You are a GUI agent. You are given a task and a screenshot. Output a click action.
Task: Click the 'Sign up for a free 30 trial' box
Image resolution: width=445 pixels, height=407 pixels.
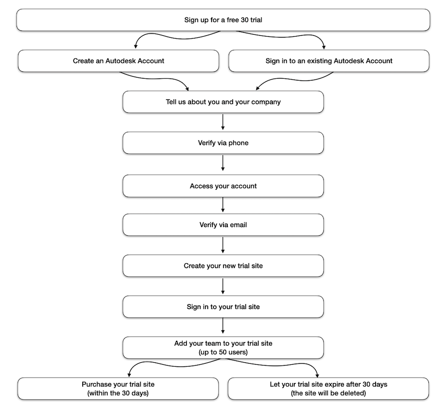[x=223, y=20]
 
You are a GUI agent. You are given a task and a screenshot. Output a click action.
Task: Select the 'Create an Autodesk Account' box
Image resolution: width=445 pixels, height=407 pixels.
[x=118, y=61]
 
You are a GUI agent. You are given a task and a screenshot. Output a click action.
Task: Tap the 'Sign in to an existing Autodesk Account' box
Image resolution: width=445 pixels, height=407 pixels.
[x=329, y=61]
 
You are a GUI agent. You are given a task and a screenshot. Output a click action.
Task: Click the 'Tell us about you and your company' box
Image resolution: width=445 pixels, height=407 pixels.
[x=223, y=102]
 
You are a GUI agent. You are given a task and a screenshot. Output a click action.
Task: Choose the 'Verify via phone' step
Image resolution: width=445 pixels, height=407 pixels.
[x=223, y=143]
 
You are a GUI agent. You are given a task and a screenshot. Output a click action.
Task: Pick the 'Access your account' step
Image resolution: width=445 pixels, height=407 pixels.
[x=223, y=186]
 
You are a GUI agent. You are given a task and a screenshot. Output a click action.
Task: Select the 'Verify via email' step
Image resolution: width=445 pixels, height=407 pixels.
[x=223, y=225]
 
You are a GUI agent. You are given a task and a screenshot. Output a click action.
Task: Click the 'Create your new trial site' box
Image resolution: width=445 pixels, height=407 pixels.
[x=223, y=266]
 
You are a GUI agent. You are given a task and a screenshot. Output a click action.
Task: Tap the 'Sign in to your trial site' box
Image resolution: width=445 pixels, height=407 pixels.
[x=223, y=307]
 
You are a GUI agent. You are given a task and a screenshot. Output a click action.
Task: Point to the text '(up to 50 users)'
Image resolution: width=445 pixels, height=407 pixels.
[x=223, y=352]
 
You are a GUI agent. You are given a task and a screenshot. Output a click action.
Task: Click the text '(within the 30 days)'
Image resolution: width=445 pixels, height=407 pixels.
[x=118, y=393]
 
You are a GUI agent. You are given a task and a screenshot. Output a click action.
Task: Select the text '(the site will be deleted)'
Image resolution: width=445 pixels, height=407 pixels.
[x=328, y=393]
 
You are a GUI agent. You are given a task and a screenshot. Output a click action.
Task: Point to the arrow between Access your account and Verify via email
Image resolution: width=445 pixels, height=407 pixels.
[x=223, y=205]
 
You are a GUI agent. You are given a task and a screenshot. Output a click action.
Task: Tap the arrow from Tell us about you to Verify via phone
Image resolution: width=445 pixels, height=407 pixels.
[x=223, y=122]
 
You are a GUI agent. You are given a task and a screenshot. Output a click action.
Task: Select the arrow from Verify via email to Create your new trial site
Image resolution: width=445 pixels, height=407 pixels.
[x=223, y=245]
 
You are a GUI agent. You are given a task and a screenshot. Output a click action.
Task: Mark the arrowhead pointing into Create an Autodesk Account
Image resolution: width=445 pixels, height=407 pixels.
[x=135, y=47]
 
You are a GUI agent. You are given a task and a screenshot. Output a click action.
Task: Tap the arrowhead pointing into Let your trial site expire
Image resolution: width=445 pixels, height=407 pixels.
[x=317, y=375]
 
